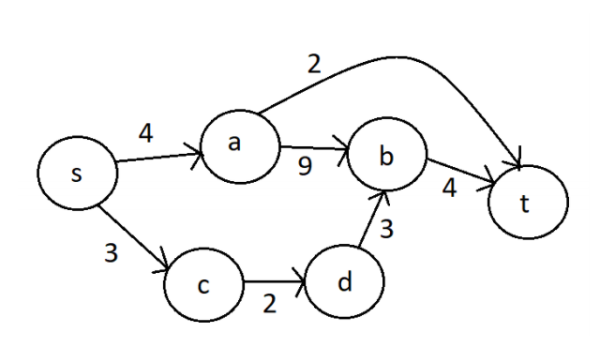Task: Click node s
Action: point(77,174)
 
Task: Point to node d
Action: point(346,282)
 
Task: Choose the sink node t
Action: point(527,203)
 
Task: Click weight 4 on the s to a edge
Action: point(146,132)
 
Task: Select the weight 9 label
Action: point(304,166)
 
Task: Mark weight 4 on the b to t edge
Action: point(449,188)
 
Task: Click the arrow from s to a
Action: point(160,158)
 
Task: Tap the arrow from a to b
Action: point(313,150)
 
